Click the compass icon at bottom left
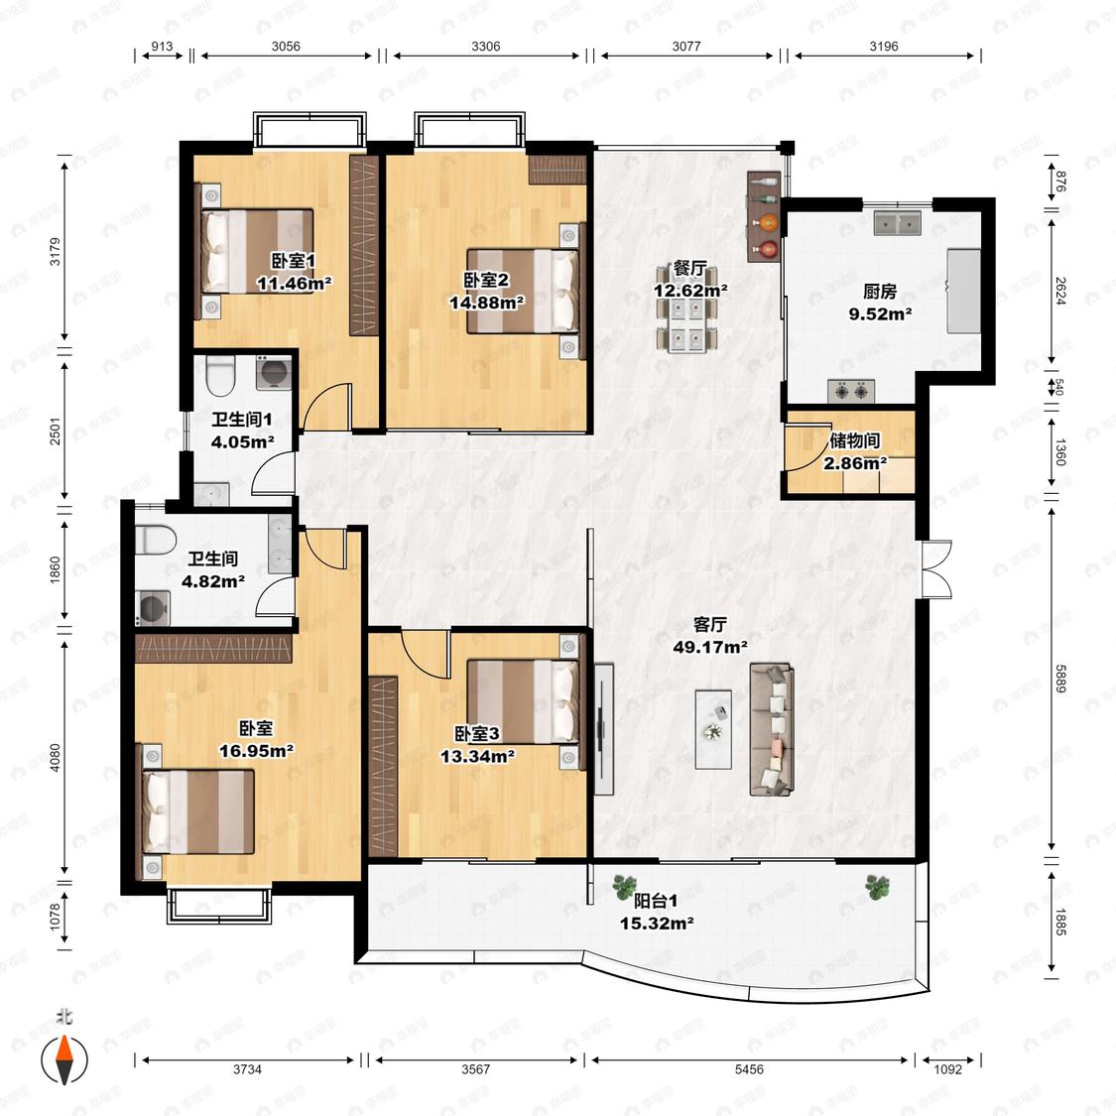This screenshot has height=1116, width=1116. click(64, 1059)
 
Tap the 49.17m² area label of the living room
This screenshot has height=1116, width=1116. click(709, 647)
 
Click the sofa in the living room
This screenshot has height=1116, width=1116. click(772, 729)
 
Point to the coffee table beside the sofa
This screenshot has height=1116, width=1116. click(713, 729)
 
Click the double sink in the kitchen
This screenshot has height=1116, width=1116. click(897, 223)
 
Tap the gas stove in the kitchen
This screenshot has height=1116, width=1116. click(851, 391)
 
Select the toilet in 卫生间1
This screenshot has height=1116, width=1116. click(220, 375)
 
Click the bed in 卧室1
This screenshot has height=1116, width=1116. click(257, 251)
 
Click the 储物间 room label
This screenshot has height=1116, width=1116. click(854, 440)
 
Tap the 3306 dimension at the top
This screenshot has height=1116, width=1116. click(485, 47)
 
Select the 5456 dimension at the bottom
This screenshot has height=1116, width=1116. click(749, 1069)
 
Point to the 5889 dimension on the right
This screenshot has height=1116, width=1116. click(1060, 679)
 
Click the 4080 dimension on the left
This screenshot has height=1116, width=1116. click(55, 757)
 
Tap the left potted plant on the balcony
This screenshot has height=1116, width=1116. click(624, 886)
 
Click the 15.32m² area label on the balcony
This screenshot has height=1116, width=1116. click(657, 924)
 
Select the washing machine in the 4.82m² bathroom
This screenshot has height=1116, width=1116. click(153, 608)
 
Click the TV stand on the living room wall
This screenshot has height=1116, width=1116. click(603, 729)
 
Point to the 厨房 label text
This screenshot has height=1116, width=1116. click(880, 291)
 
